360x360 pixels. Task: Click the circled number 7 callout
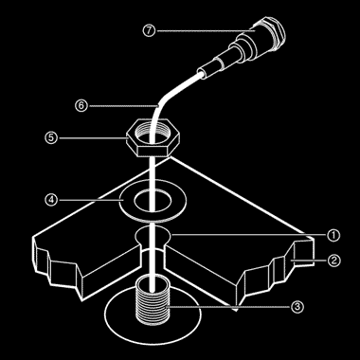pyautogui.click(x=149, y=31)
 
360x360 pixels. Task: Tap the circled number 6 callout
pyautogui.click(x=81, y=105)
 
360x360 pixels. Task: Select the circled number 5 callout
pyautogui.click(x=51, y=138)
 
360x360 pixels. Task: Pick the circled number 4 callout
pyautogui.click(x=51, y=200)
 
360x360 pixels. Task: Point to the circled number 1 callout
pyautogui.click(x=333, y=235)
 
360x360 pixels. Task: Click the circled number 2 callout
pyautogui.click(x=333, y=261)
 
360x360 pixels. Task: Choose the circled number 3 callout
pyautogui.click(x=297, y=307)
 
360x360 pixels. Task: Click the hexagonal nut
pyautogui.click(x=153, y=138)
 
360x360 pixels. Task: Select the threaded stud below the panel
pyautogui.click(x=153, y=299)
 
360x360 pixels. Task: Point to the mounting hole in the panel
pyautogui.click(x=153, y=235)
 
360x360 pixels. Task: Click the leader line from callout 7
pyautogui.click(x=205, y=31)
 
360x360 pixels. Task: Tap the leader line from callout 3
pyautogui.click(x=229, y=307)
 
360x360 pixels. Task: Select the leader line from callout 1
pyautogui.click(x=248, y=235)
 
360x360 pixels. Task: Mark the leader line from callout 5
pyautogui.click(x=92, y=138)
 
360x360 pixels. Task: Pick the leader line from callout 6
pyautogui.click(x=123, y=106)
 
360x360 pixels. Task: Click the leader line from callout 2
pyautogui.click(x=309, y=261)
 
